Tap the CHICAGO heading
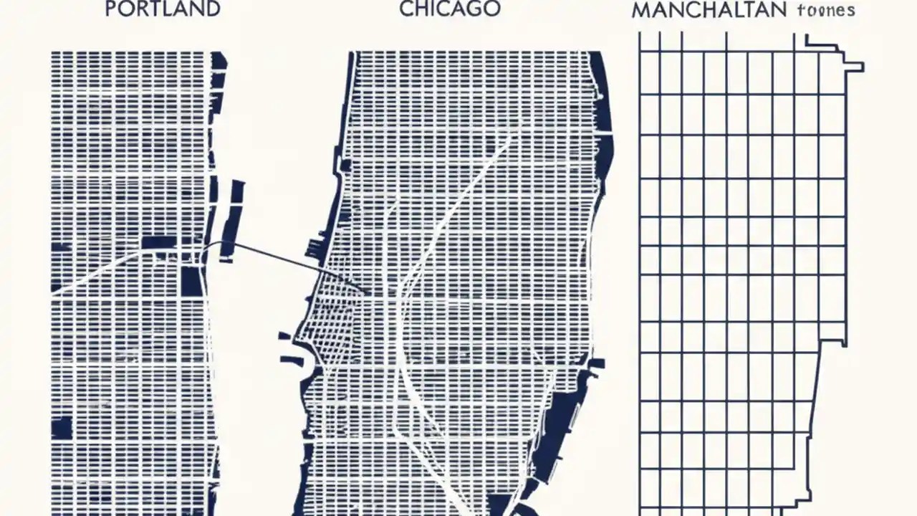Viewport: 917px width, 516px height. pyautogui.click(x=450, y=9)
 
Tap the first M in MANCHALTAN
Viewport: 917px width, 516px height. pyautogui.click(x=641, y=11)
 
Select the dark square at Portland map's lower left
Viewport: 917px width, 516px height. pyautogui.click(x=62, y=427)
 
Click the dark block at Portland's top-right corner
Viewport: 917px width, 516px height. pyautogui.click(x=219, y=61)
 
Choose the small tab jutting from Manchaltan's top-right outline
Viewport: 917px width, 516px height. pyautogui.click(x=854, y=67)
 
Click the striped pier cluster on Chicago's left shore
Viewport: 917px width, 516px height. pyautogui.click(x=315, y=248)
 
